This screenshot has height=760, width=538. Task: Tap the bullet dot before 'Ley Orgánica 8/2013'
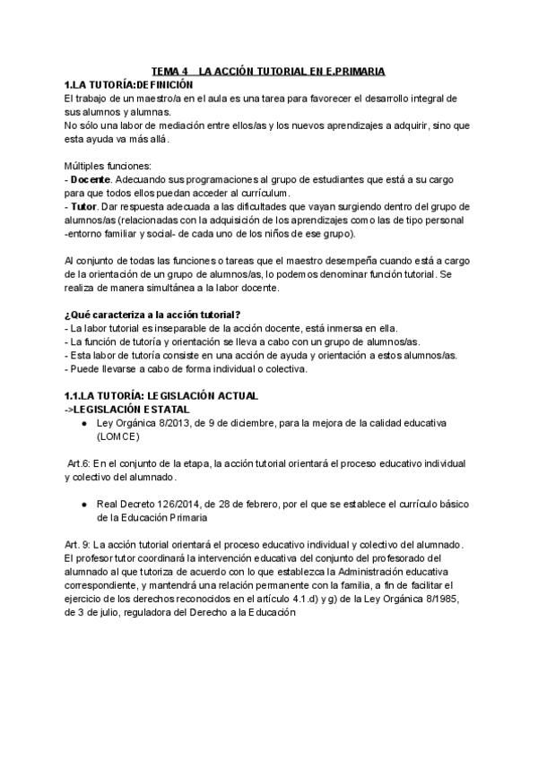[x=83, y=422]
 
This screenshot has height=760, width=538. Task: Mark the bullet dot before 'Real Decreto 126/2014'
[x=83, y=505]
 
